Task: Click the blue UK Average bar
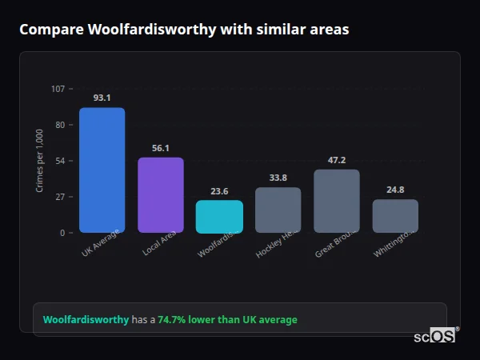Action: [102, 170]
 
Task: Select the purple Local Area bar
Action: [161, 195]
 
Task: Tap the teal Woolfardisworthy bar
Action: [219, 217]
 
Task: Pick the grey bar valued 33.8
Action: [278, 210]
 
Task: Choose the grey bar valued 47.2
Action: [337, 201]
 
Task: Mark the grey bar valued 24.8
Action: [395, 216]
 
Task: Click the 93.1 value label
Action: [102, 98]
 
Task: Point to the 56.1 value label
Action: [161, 148]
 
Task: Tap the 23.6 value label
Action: [219, 191]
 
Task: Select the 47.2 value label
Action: [337, 160]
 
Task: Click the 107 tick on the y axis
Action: [58, 89]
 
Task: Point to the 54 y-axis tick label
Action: [60, 161]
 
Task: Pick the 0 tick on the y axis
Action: [62, 233]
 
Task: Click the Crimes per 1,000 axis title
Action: [40, 161]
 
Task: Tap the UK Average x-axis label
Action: [100, 243]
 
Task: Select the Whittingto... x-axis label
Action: [394, 244]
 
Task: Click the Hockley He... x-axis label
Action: [276, 244]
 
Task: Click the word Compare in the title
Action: [50, 30]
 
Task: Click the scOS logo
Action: [435, 336]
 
